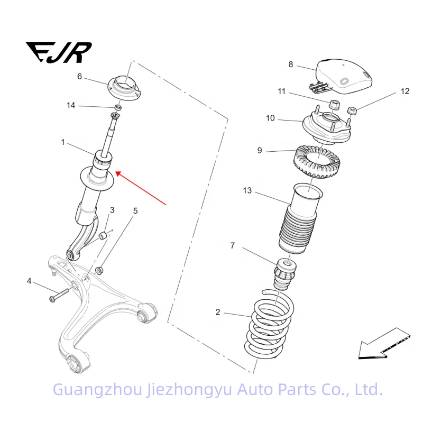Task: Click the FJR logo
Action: (x=59, y=53)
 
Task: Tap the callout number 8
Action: (x=290, y=65)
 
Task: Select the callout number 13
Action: (x=247, y=190)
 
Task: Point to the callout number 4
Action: (x=30, y=281)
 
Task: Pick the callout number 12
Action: (x=404, y=91)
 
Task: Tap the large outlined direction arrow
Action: (x=383, y=343)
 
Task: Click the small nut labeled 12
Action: (x=351, y=111)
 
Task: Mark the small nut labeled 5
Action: (x=99, y=271)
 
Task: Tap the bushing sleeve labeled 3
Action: (x=104, y=234)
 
